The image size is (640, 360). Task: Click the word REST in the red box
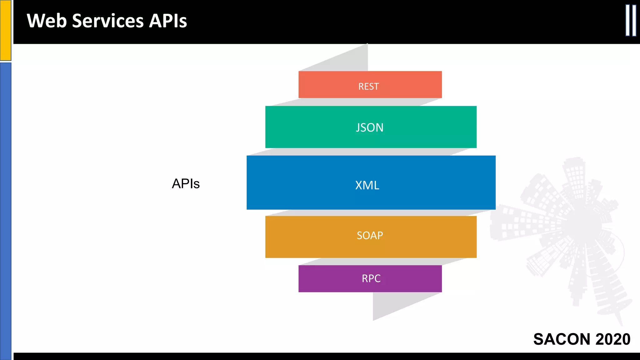coord(368,86)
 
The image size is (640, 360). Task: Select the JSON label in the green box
coord(369,127)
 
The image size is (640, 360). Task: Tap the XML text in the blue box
coord(367,185)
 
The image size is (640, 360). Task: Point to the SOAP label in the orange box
coord(370,235)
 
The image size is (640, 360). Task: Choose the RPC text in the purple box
coord(371,278)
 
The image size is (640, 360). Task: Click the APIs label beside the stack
coord(186,184)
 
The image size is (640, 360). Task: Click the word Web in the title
coord(47,21)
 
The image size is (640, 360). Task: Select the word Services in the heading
coord(108,21)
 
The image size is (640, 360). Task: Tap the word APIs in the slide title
coord(168,21)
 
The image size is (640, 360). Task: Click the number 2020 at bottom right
coord(613,339)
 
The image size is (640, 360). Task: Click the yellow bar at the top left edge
coord(5,30)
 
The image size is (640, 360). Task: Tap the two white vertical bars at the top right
coord(631,20)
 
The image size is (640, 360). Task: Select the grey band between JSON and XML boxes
coord(359,152)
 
